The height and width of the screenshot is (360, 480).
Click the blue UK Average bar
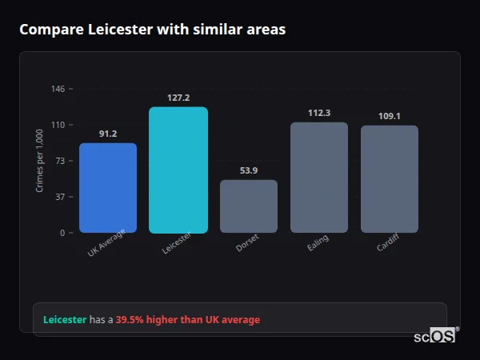tap(108, 188)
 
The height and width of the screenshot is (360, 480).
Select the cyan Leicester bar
tap(178, 170)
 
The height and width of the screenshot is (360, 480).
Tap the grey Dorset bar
tap(249, 206)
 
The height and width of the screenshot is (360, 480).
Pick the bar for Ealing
tap(319, 178)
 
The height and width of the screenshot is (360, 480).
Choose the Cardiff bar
tap(390, 179)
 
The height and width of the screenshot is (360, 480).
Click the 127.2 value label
tap(178, 98)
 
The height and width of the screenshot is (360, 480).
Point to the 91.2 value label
tap(108, 134)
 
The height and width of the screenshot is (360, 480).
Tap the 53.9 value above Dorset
tap(249, 170)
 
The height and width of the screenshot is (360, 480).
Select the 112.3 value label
tap(319, 113)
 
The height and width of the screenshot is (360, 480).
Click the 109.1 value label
tap(390, 116)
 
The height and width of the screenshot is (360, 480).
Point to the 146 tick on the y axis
tap(58, 89)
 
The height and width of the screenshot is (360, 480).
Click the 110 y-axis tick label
tap(58, 125)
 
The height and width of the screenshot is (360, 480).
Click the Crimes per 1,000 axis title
tap(40, 161)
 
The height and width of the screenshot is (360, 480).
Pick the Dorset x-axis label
tap(247, 244)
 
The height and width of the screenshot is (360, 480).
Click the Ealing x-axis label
tap(318, 244)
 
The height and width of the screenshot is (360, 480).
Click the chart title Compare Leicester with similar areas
tap(152, 30)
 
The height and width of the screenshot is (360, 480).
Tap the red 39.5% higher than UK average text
tap(188, 320)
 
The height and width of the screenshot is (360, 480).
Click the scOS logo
tap(435, 336)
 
